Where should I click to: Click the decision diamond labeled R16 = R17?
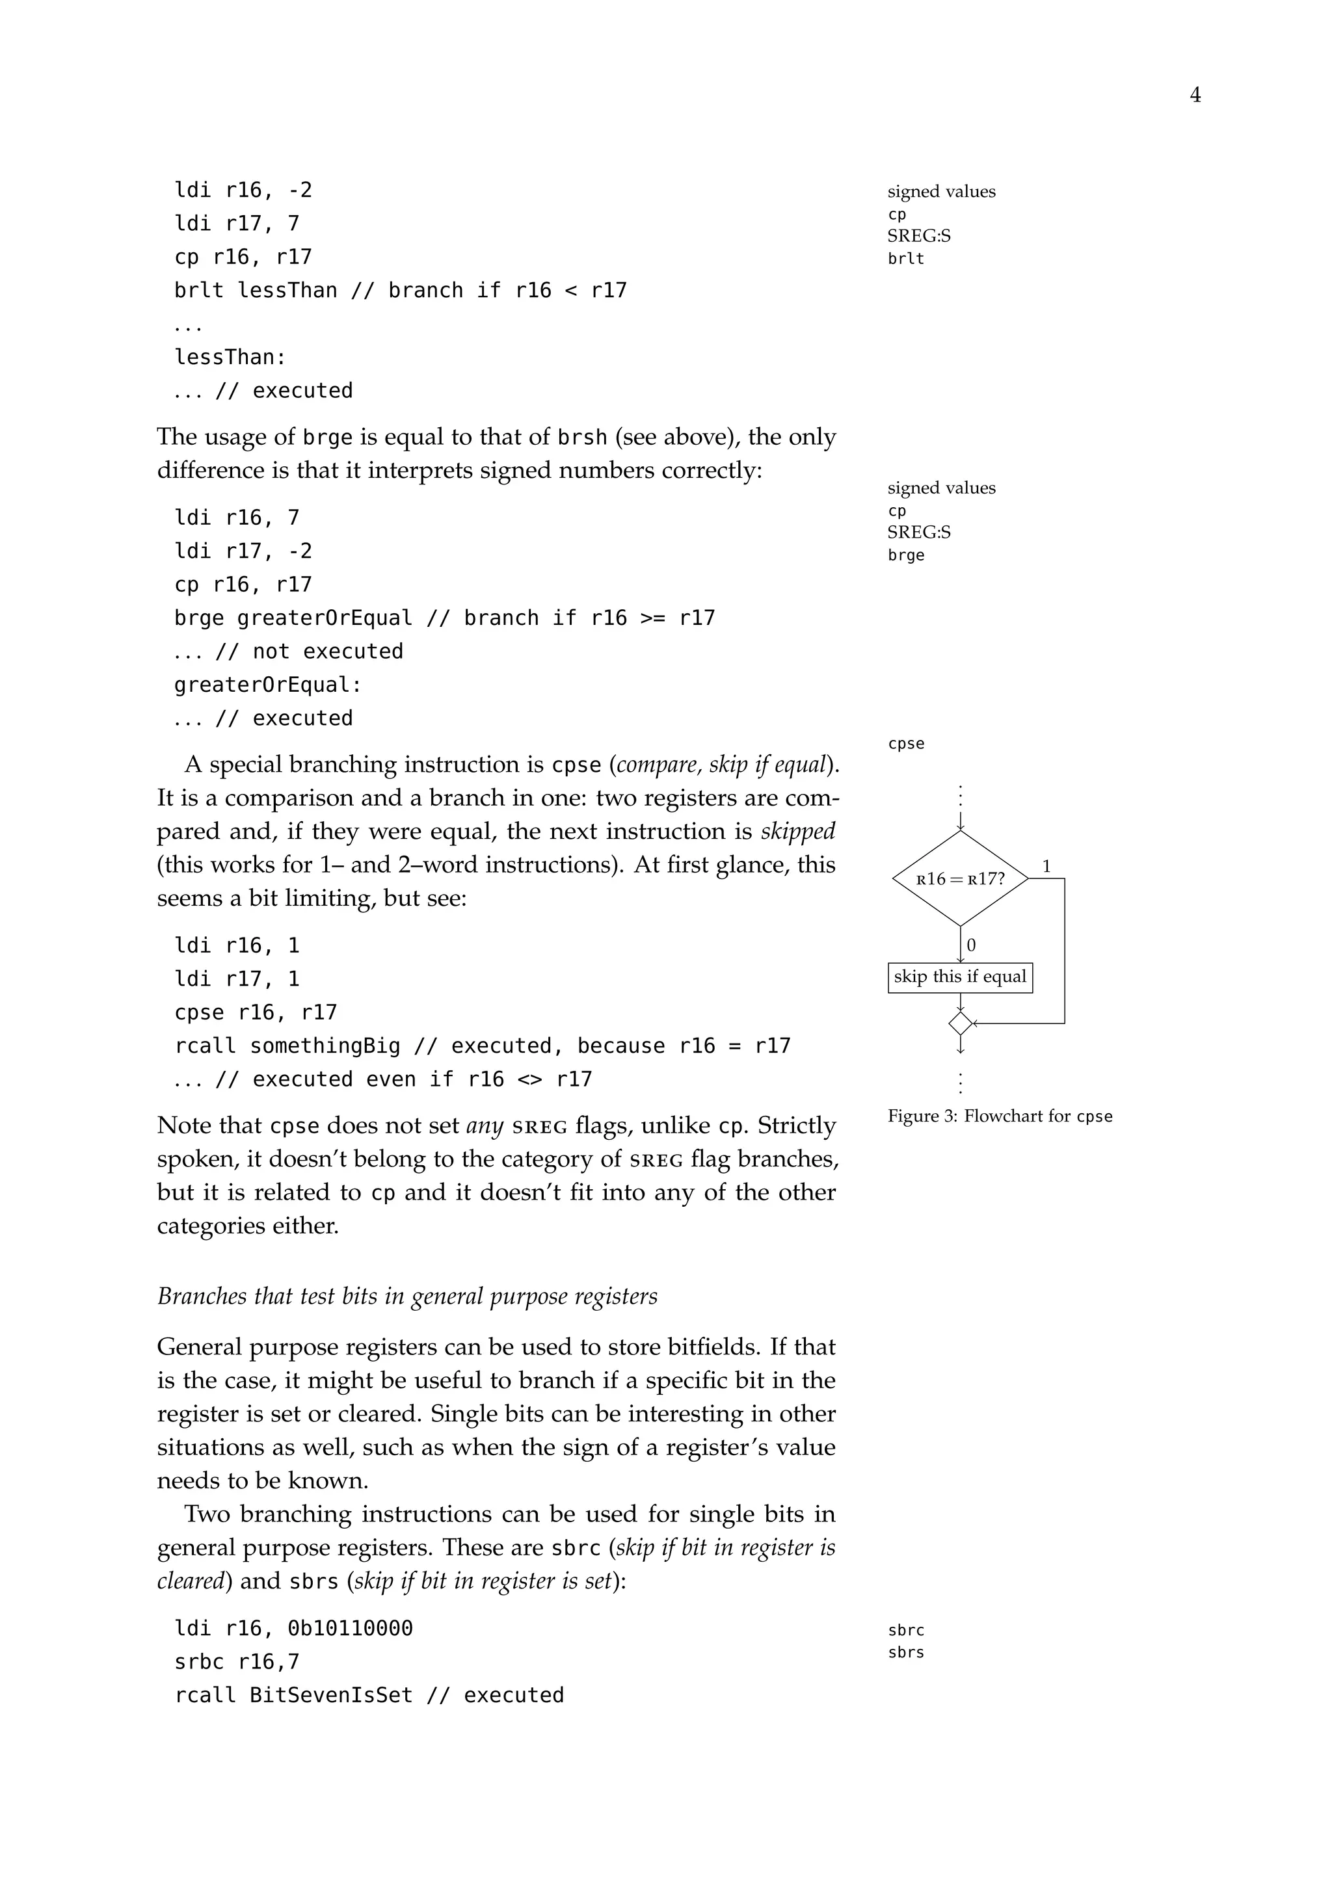pyautogui.click(x=959, y=878)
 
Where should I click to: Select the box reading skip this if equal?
pyautogui.click(x=959, y=977)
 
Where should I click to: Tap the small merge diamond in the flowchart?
pyautogui.click(x=959, y=1023)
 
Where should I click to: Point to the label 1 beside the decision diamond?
pyautogui.click(x=1046, y=866)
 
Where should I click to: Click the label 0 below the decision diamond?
pyautogui.click(x=971, y=945)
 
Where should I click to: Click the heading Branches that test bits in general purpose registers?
pyautogui.click(x=406, y=1295)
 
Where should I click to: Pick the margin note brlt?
pyautogui.click(x=905, y=258)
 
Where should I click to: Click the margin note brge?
pyautogui.click(x=905, y=555)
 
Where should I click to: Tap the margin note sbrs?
pyautogui.click(x=905, y=1652)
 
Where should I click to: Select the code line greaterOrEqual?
pyautogui.click(x=267, y=684)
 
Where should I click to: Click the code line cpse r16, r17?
pyautogui.click(x=255, y=1012)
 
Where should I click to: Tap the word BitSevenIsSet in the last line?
pyautogui.click(x=330, y=1694)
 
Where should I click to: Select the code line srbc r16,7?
pyautogui.click(x=236, y=1661)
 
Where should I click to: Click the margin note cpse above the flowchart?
pyautogui.click(x=905, y=743)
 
